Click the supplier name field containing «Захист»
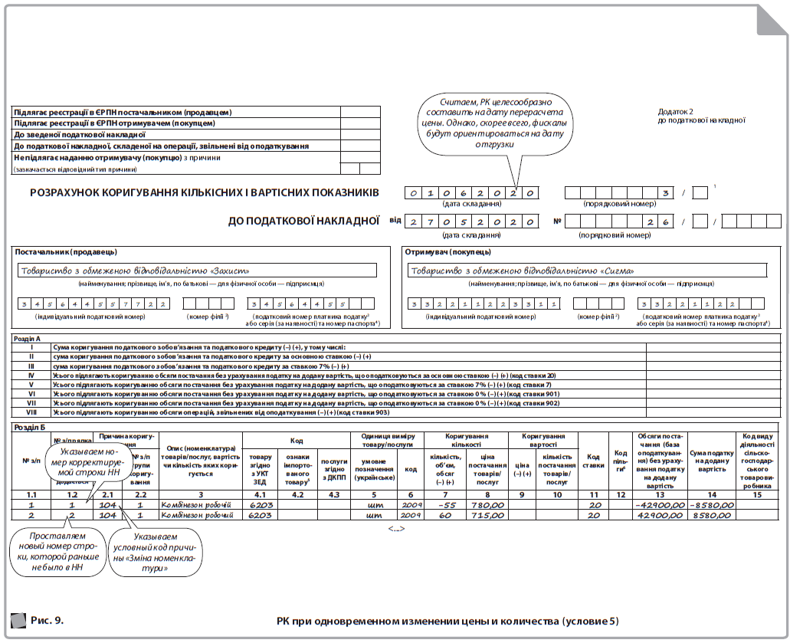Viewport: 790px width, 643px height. coord(197,270)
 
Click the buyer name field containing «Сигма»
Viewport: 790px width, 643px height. coord(587,270)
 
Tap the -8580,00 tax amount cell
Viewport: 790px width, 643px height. coord(711,505)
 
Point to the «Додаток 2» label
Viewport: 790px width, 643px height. coord(674,111)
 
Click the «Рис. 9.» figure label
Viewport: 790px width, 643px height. coord(47,619)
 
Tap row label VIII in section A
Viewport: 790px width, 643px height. coord(31,412)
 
